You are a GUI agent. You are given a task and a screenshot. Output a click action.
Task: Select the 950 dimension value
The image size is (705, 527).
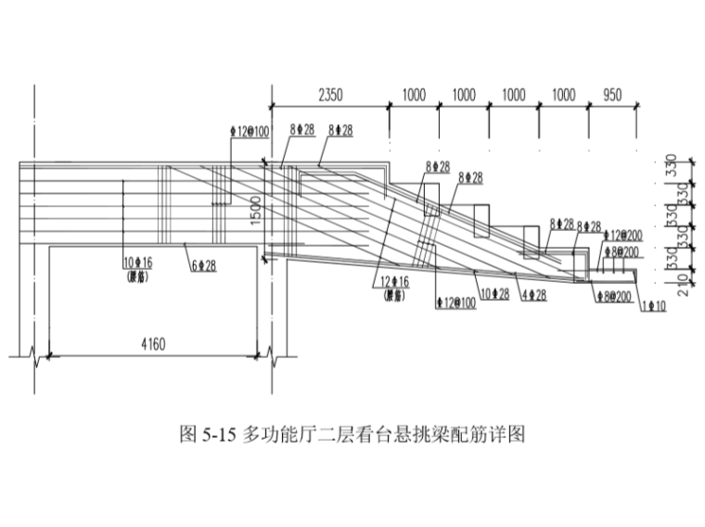pos(612,96)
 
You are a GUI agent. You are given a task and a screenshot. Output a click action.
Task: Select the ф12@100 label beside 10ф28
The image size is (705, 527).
pos(455,303)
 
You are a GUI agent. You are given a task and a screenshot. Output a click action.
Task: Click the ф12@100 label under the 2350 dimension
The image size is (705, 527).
pos(250,131)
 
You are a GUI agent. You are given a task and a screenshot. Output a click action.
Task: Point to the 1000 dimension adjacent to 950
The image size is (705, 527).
pos(563,96)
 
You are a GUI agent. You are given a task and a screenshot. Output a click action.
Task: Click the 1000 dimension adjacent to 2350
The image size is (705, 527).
pos(414,96)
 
